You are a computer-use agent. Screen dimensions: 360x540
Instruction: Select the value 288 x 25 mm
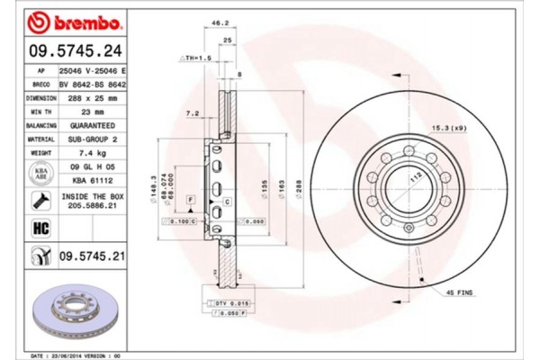[x=93, y=98]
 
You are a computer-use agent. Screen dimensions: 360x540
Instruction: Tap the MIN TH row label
[x=41, y=112]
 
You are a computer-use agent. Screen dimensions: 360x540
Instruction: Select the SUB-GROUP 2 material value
[x=93, y=140]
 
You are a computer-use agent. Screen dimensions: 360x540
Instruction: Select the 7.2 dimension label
[x=191, y=115]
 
